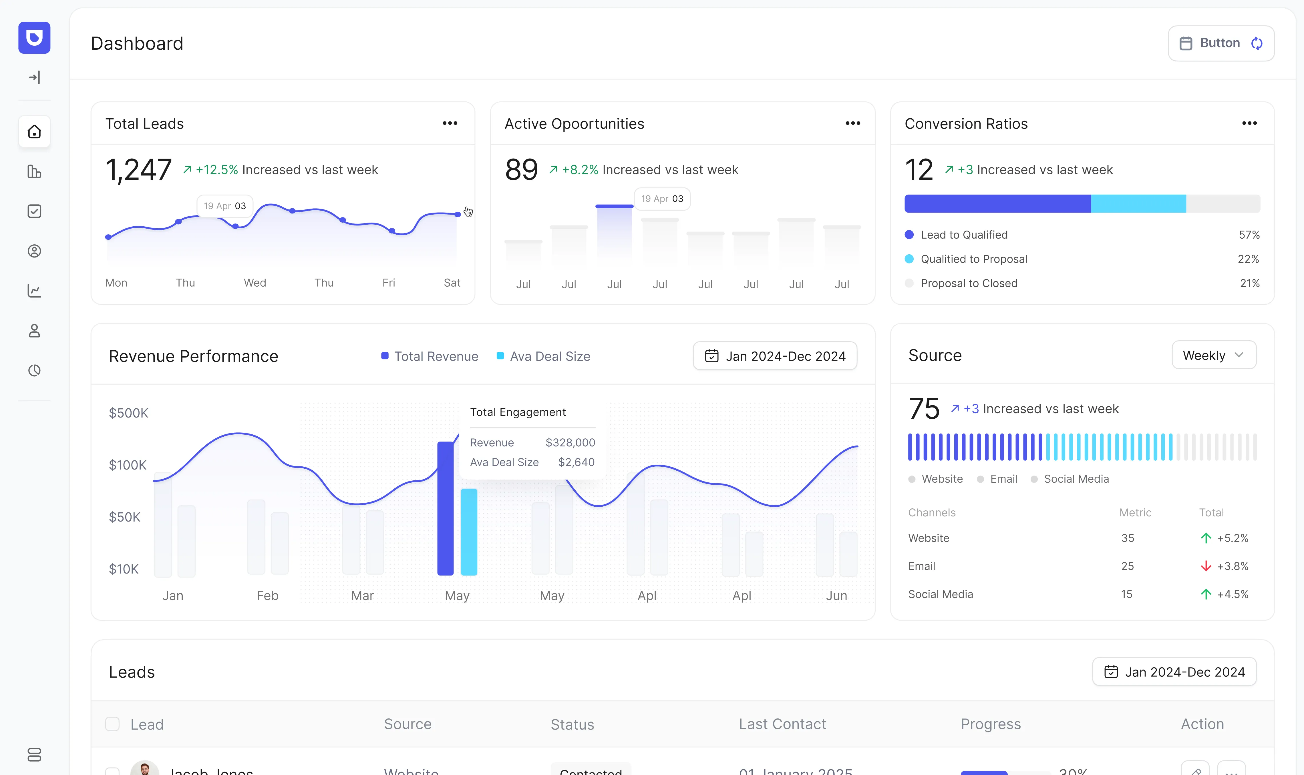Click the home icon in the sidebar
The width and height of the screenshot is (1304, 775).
pos(35,132)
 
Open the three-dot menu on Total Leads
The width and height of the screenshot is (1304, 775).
pos(450,123)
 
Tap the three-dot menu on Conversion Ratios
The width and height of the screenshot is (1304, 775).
pos(1249,123)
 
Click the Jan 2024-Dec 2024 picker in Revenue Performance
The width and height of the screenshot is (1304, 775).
pos(775,356)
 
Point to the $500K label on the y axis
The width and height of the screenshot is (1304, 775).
pos(128,413)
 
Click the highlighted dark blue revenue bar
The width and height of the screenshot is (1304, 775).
pos(445,508)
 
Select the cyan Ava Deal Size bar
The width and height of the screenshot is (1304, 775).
pos(469,532)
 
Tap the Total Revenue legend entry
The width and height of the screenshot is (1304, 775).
pos(430,356)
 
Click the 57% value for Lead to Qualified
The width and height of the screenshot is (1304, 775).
pos(1249,235)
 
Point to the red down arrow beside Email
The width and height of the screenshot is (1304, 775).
pos(1205,566)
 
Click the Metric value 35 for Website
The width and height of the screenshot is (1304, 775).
pos(1127,538)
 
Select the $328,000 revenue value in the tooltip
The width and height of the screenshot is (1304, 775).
pos(570,442)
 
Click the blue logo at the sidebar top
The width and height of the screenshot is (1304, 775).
pos(35,38)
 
